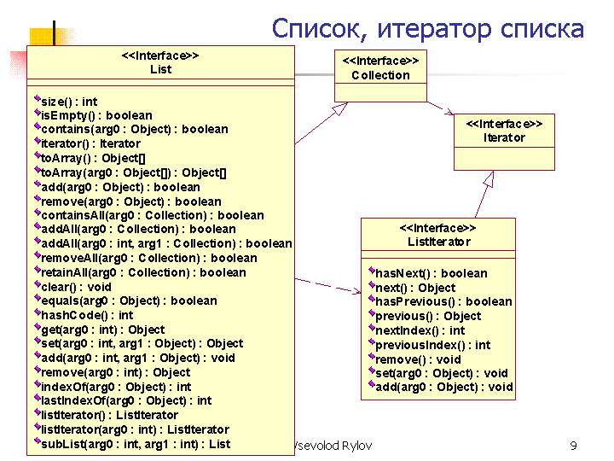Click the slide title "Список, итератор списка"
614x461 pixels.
[x=427, y=29]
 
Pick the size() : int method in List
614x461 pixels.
[x=66, y=102]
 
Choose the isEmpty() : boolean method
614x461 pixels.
[x=93, y=115]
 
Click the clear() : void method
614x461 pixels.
[x=72, y=287]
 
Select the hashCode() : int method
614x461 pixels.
[x=84, y=315]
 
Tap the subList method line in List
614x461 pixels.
[x=132, y=444]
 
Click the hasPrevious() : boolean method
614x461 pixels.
[x=441, y=301]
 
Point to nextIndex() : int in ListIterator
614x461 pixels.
[x=417, y=330]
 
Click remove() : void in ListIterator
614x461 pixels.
[x=414, y=359]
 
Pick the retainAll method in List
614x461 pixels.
[x=140, y=272]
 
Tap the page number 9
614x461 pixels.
[x=573, y=446]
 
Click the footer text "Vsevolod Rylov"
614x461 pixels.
[x=333, y=446]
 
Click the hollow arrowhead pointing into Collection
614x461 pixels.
[x=339, y=108]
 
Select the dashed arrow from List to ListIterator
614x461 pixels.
[x=328, y=286]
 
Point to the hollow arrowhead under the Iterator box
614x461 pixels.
[x=489, y=178]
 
